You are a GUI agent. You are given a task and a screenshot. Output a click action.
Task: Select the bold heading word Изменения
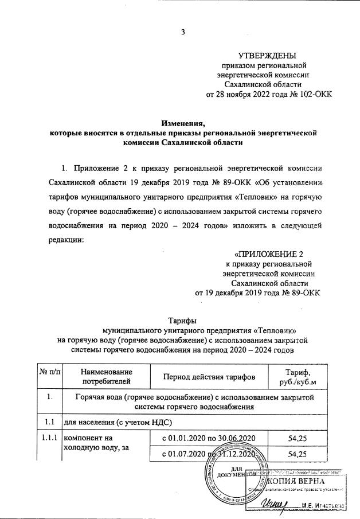[x=183, y=122]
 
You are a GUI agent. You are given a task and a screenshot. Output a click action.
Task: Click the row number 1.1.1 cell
[x=50, y=439]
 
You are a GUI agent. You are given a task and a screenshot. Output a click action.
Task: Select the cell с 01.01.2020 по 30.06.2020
[x=209, y=439]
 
